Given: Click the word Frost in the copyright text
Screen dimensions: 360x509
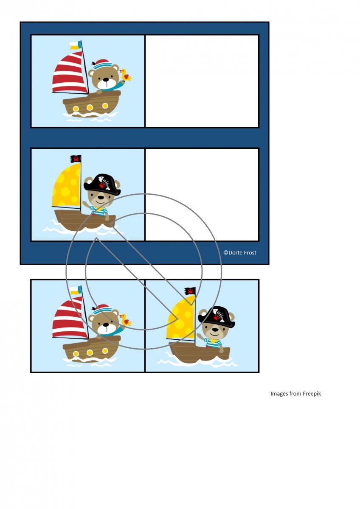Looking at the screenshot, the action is [x=249, y=252].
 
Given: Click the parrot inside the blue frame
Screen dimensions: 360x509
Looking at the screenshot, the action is [x=126, y=76].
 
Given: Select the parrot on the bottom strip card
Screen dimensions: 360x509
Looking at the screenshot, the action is [x=126, y=320].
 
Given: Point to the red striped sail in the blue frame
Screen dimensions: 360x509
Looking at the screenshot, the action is [x=70, y=72].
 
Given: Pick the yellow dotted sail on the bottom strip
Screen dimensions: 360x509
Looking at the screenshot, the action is [x=181, y=317].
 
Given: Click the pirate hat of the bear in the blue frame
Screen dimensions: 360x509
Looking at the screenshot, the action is [x=102, y=185].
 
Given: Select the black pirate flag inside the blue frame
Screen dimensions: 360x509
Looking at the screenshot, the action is [x=76, y=159].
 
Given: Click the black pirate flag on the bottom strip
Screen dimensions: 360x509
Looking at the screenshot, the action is [x=190, y=291].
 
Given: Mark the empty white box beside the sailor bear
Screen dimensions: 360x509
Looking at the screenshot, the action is [x=202, y=81].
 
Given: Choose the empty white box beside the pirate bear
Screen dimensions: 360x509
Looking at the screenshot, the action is [x=202, y=195].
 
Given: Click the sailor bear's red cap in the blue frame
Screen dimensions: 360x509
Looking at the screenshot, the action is [x=101, y=64].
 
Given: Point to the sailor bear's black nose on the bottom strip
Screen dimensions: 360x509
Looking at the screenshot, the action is [x=106, y=324].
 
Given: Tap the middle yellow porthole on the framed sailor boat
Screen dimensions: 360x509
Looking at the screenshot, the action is [x=90, y=107].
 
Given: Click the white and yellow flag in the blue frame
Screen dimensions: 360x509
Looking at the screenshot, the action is [x=75, y=45].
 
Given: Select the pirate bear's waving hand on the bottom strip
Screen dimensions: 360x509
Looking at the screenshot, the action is [x=200, y=336].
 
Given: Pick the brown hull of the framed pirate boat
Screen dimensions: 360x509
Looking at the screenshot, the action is [x=84, y=220].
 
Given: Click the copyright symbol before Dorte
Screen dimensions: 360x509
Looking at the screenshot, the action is [x=225, y=252].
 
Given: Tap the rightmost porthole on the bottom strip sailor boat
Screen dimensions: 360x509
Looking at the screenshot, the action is [x=105, y=351].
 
